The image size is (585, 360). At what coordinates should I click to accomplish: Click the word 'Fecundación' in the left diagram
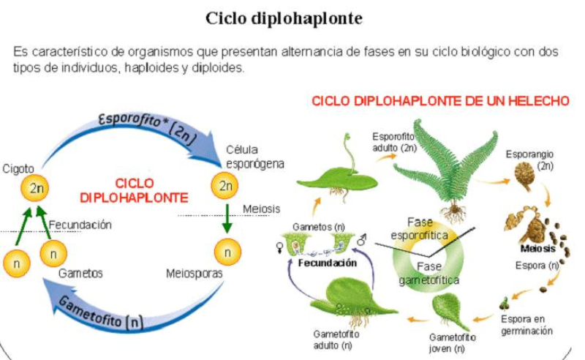click(80, 225)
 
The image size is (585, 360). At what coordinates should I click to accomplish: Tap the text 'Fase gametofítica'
click(429, 272)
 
